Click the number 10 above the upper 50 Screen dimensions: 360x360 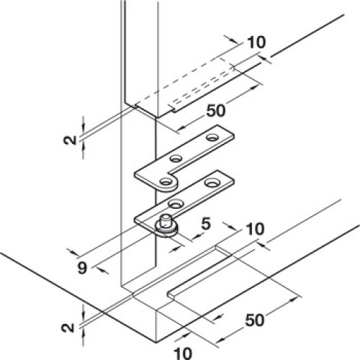256,42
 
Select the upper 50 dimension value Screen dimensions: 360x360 216,111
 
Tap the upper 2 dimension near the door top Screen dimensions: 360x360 71,140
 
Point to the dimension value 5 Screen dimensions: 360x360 206,224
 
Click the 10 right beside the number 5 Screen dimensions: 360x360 255,229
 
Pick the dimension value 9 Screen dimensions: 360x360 82,268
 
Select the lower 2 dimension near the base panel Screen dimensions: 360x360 68,328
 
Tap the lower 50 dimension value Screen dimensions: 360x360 255,320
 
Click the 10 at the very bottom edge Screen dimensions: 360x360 183,354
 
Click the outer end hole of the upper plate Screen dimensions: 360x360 212,138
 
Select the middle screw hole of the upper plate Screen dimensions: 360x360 176,158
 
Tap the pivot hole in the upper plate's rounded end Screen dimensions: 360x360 165,181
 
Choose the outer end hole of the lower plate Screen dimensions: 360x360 211,183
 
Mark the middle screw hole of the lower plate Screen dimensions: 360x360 176,204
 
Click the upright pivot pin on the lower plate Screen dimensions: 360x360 165,221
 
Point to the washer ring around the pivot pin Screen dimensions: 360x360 167,230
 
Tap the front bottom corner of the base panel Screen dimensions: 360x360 156,342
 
